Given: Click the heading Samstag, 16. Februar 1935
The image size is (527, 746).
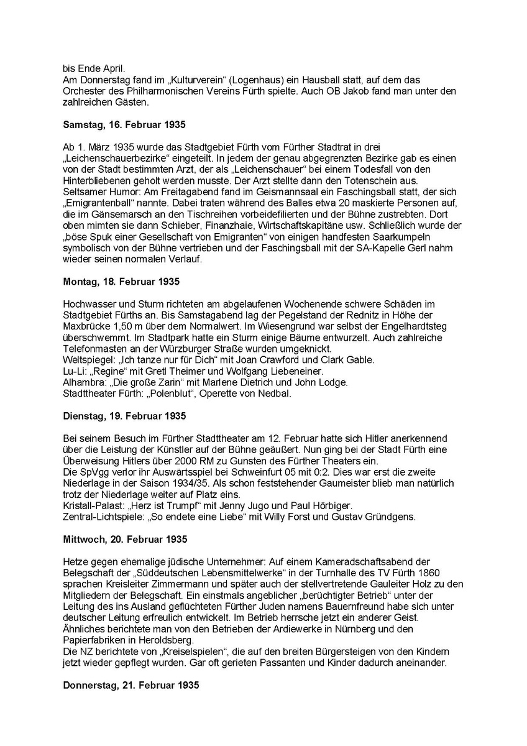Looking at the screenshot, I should click(121, 124).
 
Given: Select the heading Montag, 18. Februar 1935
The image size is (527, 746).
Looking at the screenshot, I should click(121, 282).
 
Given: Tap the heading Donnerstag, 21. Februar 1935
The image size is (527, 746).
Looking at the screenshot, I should click(131, 686).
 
